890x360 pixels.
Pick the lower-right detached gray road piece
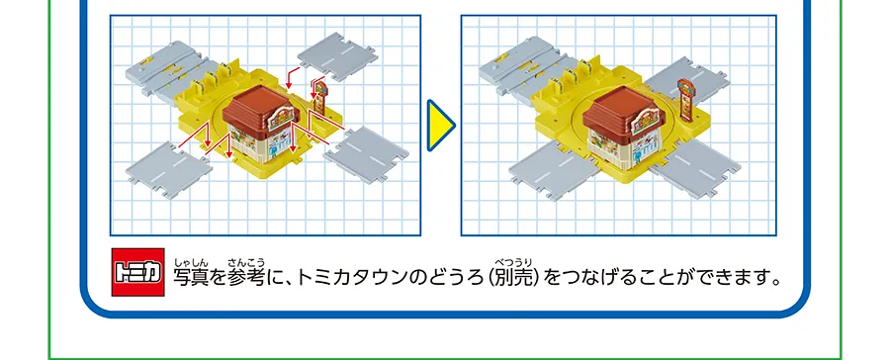[365, 147]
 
